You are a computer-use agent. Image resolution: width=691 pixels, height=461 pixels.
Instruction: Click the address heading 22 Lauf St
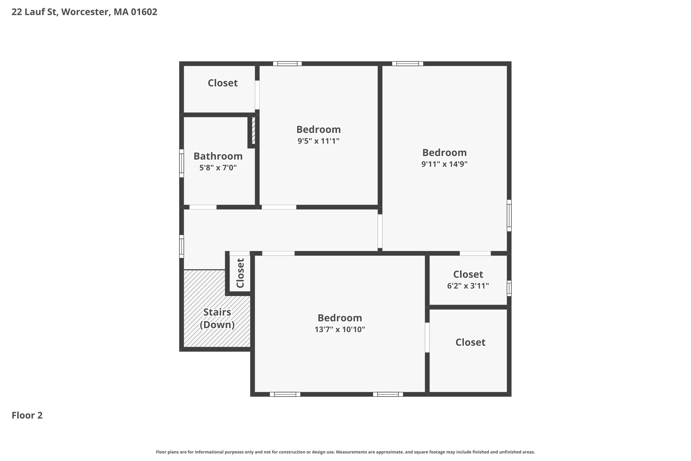click(x=84, y=12)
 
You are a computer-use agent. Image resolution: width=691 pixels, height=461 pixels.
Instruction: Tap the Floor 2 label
click(x=27, y=415)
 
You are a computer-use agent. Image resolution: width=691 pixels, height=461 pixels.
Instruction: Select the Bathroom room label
click(x=218, y=156)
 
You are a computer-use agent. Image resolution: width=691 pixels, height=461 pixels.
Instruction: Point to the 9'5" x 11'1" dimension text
click(x=319, y=141)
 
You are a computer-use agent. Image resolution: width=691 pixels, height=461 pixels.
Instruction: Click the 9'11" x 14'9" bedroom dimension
click(x=444, y=164)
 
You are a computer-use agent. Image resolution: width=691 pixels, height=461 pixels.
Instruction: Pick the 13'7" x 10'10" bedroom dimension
click(x=340, y=329)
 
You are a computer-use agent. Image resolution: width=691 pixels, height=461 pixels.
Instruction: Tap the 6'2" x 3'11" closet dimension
click(x=468, y=286)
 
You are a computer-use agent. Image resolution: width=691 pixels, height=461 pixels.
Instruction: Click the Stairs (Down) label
click(x=217, y=318)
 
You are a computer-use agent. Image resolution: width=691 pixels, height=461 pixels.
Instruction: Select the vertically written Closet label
click(x=240, y=273)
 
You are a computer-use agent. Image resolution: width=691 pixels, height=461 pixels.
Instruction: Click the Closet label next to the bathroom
click(x=223, y=83)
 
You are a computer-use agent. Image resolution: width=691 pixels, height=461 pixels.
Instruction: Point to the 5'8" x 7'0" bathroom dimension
click(x=218, y=168)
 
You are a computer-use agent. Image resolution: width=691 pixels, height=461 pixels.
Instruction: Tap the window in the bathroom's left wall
click(x=182, y=163)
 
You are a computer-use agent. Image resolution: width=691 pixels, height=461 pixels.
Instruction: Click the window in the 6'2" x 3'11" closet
click(x=509, y=288)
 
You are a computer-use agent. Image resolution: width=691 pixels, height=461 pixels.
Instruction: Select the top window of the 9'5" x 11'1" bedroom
click(x=287, y=63)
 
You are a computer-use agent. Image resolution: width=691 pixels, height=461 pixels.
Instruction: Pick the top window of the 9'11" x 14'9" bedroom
click(x=408, y=63)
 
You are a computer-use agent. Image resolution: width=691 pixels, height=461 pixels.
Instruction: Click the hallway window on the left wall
click(x=182, y=247)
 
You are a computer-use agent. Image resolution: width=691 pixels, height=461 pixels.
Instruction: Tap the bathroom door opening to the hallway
click(x=203, y=207)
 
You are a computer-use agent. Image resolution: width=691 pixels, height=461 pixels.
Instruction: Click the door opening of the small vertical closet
click(x=240, y=253)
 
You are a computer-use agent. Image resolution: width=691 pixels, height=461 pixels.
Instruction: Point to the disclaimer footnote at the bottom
click(x=345, y=452)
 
